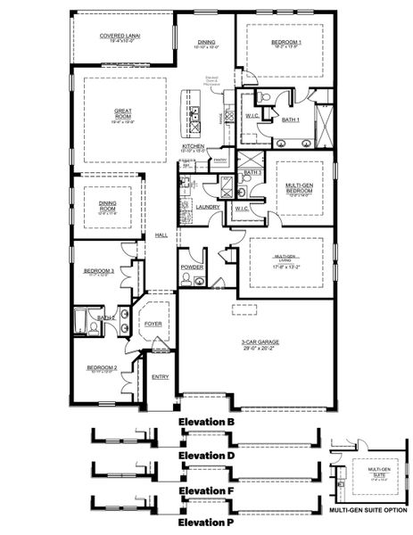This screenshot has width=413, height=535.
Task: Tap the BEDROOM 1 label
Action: pos(286,42)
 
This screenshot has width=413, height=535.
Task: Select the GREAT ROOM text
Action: pos(123,112)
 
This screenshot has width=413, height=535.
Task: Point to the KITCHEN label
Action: pos(194,145)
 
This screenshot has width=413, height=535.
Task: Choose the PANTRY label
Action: pos(220,160)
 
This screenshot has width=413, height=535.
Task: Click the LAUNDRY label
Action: pos(208,207)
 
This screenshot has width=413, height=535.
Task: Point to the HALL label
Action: pos(161,235)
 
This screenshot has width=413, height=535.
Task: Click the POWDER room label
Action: pos(192,267)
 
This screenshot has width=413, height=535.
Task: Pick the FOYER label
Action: pos(153,324)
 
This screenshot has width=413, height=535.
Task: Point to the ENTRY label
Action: pos(160,377)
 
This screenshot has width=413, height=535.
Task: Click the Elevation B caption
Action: pos(206,421)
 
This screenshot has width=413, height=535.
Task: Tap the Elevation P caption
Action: pos(206,522)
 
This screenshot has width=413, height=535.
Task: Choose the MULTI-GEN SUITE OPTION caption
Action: pos(367,511)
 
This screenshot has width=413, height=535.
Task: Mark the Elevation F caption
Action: pos(206,490)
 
